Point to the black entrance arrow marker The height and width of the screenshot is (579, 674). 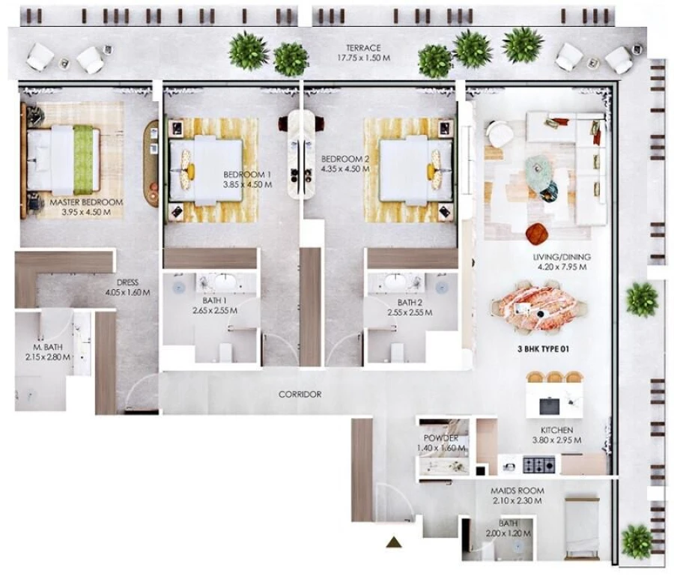[394, 542]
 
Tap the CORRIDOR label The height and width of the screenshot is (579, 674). [300, 394]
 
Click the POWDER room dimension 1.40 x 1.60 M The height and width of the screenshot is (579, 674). [441, 448]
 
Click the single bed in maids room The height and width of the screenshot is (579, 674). [581, 527]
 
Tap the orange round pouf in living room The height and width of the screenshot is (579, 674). [537, 234]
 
